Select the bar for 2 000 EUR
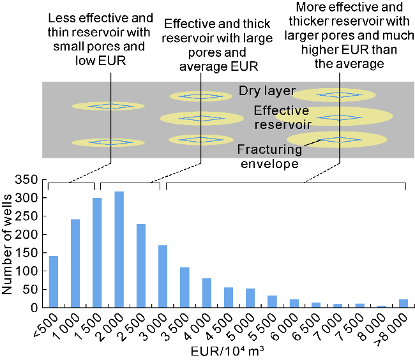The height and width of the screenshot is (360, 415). tap(119, 250)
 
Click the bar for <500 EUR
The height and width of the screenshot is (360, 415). tap(53, 281)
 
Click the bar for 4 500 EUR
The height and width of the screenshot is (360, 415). tap(228, 297)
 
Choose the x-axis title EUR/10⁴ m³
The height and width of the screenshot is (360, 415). tap(226, 352)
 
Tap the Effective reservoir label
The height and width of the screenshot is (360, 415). tap(282, 117)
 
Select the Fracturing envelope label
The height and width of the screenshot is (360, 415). tap(268, 156)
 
